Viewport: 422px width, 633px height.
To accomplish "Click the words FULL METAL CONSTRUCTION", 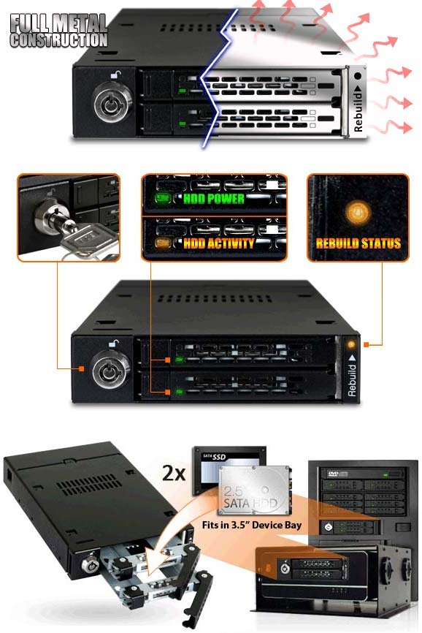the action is coord(59,31).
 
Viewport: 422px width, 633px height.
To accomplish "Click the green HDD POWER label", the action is coord(214,198).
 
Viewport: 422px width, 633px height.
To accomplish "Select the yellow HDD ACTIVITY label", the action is coord(219,243).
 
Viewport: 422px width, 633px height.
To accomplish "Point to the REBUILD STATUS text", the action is coord(358,243).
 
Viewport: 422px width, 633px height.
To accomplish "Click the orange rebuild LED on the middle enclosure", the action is coord(351,345).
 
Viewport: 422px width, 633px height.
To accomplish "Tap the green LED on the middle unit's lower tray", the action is coord(180,391).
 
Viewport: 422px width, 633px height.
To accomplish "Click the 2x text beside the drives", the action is coord(174,473).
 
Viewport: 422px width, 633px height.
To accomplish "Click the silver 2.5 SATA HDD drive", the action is coord(254,490).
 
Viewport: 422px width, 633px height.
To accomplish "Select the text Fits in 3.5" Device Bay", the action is coord(251,525).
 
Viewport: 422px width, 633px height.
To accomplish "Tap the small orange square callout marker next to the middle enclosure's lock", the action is coord(82,368).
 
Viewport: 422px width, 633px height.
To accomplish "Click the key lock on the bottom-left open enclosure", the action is coord(91,564).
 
